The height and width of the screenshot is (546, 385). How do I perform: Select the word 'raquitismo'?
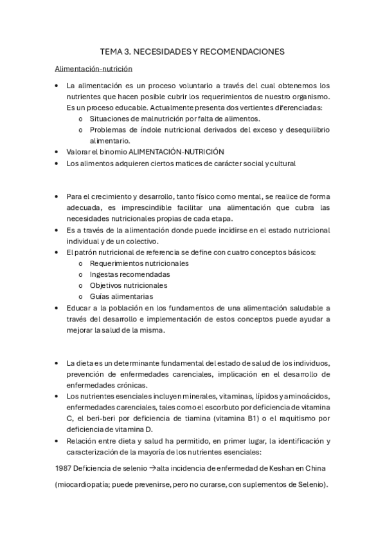pos(296,419)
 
